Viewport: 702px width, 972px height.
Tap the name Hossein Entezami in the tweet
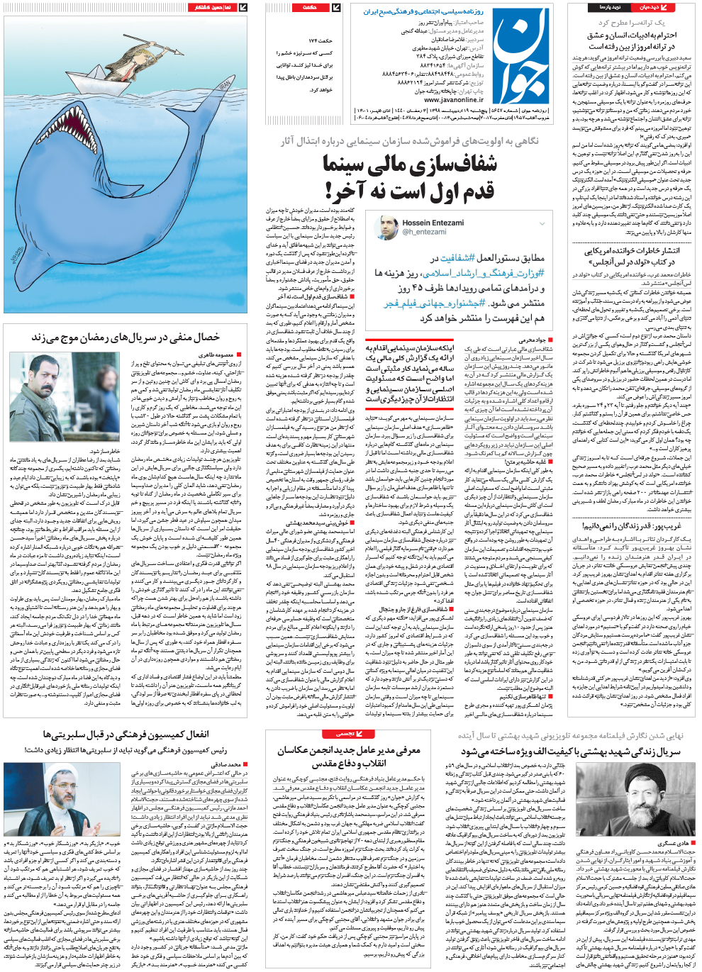tap(433, 223)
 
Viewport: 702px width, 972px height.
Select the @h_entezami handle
tap(424, 232)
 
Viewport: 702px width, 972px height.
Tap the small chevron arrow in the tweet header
tap(542, 223)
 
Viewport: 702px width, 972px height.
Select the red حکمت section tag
tap(310, 8)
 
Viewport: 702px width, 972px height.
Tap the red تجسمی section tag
tap(345, 734)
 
